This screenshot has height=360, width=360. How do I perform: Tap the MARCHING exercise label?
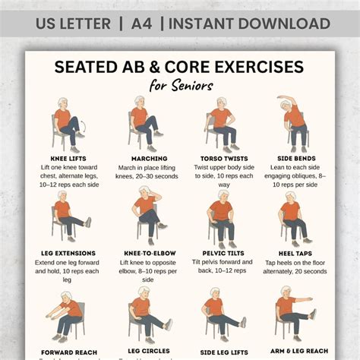(144, 159)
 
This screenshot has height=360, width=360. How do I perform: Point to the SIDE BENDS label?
(292, 159)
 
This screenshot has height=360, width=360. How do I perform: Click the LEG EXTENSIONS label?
(68, 252)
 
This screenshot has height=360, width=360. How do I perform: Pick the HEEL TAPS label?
(292, 252)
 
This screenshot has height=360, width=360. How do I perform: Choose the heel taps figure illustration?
(292, 217)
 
